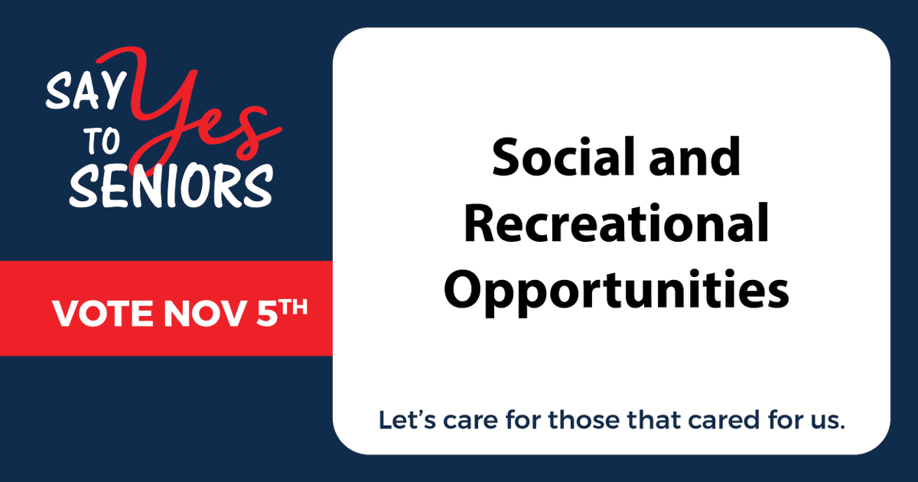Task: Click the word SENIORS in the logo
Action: tap(171, 186)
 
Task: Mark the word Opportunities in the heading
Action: tap(617, 291)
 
